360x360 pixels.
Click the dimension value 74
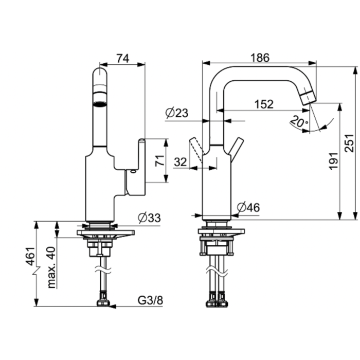[x=123, y=58]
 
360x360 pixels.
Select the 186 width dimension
[x=260, y=58]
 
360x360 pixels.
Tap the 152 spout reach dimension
[x=264, y=104]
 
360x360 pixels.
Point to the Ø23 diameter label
[x=177, y=113]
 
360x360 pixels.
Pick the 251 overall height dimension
[x=349, y=143]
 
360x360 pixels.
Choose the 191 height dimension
[x=333, y=161]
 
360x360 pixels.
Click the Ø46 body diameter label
[x=248, y=207]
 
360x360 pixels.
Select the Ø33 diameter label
[x=149, y=218]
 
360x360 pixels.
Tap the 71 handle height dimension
[x=160, y=160]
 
